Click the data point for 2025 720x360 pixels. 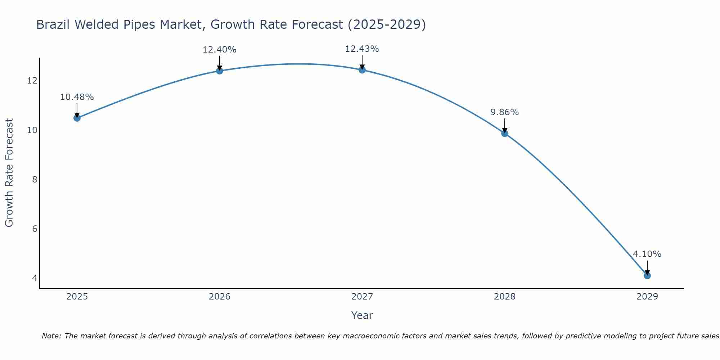coord(77,118)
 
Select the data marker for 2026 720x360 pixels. coord(219,71)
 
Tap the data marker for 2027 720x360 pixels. coord(362,70)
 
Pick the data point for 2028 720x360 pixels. coord(504,133)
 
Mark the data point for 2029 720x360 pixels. coord(647,275)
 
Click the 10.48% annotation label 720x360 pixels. coord(77,97)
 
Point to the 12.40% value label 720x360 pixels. coord(219,50)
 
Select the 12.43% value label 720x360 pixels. coord(362,49)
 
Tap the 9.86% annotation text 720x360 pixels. coord(504,112)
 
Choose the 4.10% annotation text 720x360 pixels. coord(647,254)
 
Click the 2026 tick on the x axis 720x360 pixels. coord(219,297)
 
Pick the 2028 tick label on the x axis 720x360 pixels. coord(504,297)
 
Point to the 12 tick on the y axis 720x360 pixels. coord(32,81)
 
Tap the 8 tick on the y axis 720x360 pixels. coord(35,179)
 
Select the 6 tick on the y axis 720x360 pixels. coord(35,229)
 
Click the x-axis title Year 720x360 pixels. coord(362,315)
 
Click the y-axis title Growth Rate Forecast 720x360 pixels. coord(9,173)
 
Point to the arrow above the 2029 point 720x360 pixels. coord(647,267)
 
